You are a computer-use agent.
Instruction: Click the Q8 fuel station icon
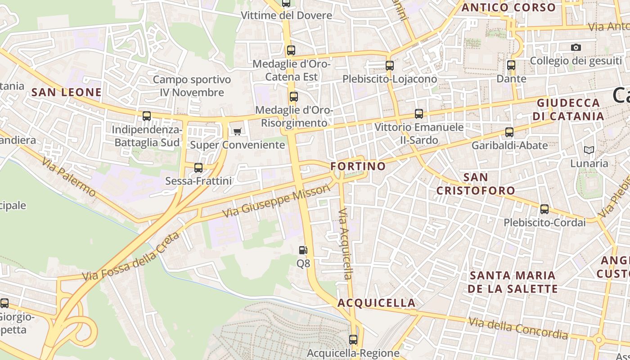coord(303,250)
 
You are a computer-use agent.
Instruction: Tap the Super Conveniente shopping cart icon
coord(237,131)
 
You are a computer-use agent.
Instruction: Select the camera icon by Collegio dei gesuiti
coord(576,47)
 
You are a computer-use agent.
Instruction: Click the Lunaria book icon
coord(589,150)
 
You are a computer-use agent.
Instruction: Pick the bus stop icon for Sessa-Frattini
coord(198,168)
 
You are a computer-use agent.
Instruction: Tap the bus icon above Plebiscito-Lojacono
coord(390,65)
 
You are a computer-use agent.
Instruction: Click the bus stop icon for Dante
coord(511,65)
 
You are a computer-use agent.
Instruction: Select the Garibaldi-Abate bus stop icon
coord(509,132)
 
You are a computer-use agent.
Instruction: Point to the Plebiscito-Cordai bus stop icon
coord(544,209)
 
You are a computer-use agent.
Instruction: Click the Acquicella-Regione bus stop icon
coord(353,340)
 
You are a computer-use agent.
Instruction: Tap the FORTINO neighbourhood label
coord(358,166)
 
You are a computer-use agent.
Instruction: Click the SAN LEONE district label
coord(67,92)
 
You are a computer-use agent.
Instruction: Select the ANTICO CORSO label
coord(508,8)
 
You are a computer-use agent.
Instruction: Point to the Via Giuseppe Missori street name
coord(277,202)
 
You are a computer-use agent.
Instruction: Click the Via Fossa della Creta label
coord(130,257)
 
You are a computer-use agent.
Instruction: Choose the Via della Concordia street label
coord(518,328)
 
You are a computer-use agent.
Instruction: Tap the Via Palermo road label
coord(70,177)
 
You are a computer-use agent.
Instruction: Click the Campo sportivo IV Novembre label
coord(192,86)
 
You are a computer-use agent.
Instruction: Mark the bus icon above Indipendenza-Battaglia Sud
coord(147,116)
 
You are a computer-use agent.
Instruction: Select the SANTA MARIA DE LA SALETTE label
coord(513,282)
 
